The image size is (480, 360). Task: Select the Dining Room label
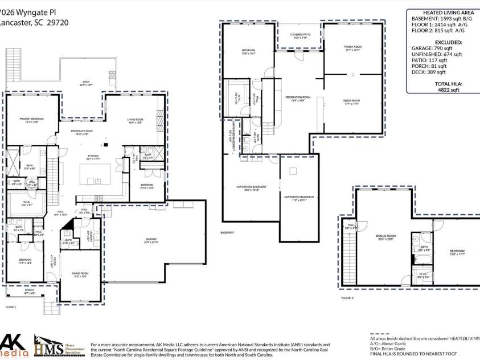coord(80,275)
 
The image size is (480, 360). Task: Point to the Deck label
coord(86,83)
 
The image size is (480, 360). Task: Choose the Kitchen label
coord(93,157)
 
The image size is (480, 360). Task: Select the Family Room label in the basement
coord(352,48)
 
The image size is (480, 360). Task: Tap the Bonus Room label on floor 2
coord(385,237)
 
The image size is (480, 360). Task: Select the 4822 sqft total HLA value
coord(442,89)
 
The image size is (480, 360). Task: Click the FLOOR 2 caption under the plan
coord(347,298)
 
